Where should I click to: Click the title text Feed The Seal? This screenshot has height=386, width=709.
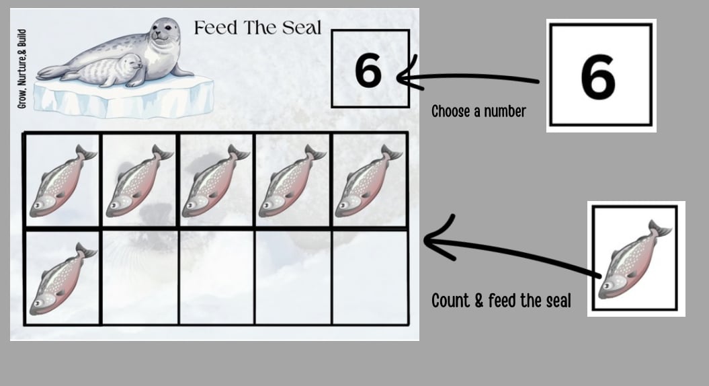coord(257,28)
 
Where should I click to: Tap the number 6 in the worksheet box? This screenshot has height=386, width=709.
coord(368,71)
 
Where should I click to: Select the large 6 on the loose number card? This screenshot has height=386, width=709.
coord(597,77)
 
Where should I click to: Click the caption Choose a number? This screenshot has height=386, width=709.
coord(478,112)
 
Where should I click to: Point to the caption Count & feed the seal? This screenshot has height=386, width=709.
coord(501,301)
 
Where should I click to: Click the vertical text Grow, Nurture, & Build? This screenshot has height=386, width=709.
coord(22,69)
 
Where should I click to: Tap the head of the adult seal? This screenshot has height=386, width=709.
coord(164,32)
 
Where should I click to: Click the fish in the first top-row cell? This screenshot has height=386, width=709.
coord(62,181)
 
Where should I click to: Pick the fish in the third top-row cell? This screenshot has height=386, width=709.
coord(215,181)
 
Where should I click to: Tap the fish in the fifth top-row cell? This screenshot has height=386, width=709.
coord(368,181)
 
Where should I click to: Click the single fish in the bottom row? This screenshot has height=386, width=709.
coord(62,279)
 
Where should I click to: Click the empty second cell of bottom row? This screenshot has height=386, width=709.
coord(140,277)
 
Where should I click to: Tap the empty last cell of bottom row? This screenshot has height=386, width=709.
coord(370,277)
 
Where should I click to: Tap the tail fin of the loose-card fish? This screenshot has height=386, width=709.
coord(660,229)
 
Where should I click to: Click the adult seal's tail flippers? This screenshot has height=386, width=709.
coord(50,72)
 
